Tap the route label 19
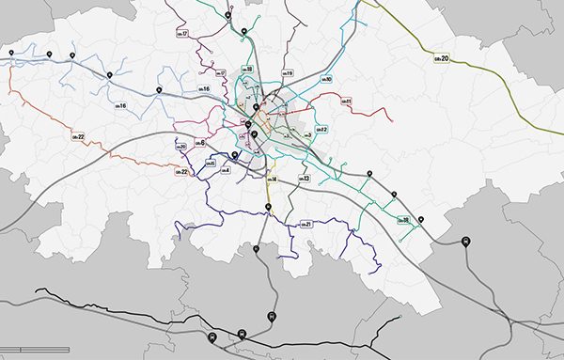tap(288, 73)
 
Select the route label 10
tap(325, 80)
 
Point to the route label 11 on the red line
tap(345, 101)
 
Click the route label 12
tap(320, 129)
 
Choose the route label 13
tap(305, 178)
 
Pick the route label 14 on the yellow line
tap(271, 179)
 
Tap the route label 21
tap(305, 224)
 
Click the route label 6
tap(198, 142)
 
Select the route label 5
tap(211, 164)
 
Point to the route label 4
tap(225, 170)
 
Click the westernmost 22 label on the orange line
tap(78, 138)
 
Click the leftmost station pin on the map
tap(11, 52)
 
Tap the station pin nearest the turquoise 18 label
tap(421, 220)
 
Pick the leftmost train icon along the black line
tap(212, 337)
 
